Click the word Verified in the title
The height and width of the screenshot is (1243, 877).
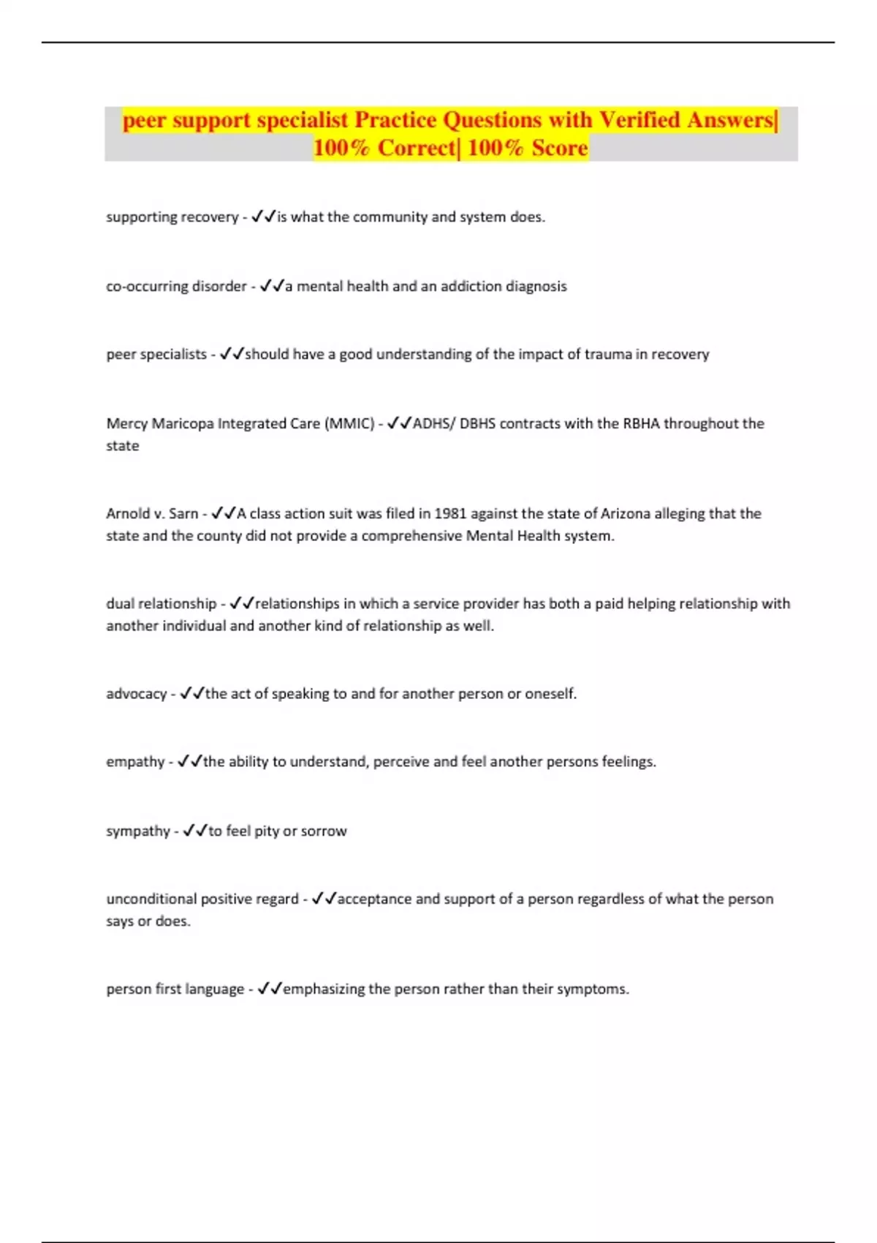[639, 120]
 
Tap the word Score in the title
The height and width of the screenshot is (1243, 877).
[560, 148]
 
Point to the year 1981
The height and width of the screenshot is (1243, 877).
[451, 513]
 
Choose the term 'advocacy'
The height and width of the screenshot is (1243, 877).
[136, 694]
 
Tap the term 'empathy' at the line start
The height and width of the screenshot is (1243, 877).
[135, 762]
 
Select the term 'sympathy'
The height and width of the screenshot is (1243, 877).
[138, 831]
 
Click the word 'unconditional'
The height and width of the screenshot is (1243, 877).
[151, 899]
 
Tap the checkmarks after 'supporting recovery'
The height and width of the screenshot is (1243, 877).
[263, 216]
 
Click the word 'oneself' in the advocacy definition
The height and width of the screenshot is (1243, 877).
[550, 694]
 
